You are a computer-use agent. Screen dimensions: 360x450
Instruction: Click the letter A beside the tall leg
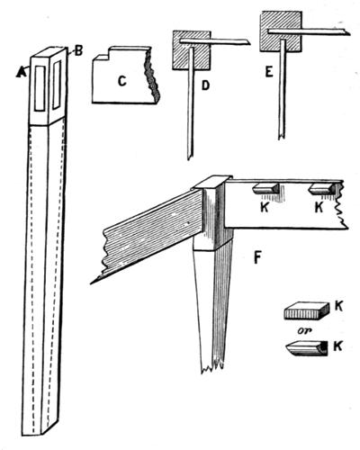pos(21,72)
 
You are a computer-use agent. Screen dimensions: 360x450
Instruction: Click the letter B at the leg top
pos(78,51)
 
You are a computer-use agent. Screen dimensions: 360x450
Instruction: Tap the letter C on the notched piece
pos(121,81)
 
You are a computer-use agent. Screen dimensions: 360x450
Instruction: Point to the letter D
pos(205,85)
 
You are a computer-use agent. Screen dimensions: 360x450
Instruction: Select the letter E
pos(269,72)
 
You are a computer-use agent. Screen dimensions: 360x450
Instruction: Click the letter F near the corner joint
pos(257,258)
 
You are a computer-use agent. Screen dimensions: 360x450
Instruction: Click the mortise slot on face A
pos(40,88)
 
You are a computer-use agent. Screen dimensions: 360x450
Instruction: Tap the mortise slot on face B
pos(57,85)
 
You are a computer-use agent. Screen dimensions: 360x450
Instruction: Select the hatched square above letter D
pos(191,50)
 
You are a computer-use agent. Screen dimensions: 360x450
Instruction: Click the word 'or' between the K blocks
pos(304,331)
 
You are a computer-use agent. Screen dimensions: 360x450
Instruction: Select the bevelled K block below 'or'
pos(306,348)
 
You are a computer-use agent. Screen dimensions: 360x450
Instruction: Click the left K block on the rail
pos(265,189)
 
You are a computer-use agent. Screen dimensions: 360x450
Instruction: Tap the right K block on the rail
pos(322,189)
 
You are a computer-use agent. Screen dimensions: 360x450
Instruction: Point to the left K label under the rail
pos(265,208)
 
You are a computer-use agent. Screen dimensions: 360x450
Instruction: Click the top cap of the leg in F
pos(211,182)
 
